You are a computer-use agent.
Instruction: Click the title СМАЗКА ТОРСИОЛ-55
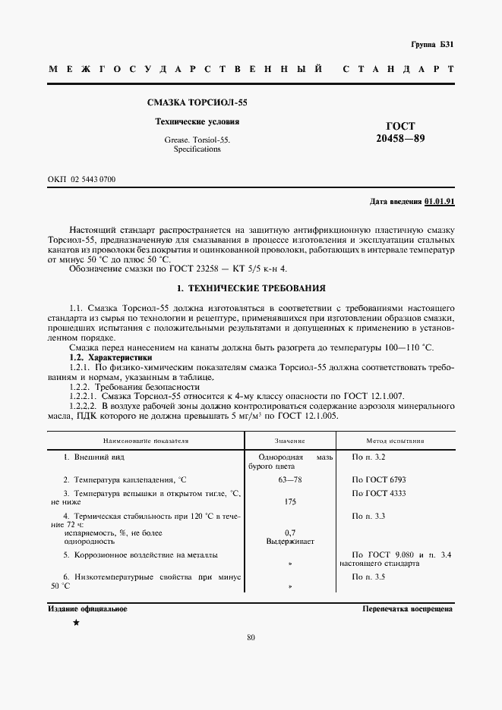click(197, 102)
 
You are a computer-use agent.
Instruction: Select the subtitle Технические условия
click(197, 121)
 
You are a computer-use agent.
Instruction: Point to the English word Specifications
click(197, 149)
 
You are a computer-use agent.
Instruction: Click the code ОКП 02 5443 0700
click(81, 179)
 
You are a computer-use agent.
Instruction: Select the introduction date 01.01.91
click(440, 202)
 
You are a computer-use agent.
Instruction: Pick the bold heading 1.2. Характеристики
click(111, 357)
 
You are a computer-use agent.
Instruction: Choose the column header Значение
click(289, 440)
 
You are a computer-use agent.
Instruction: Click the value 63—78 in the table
click(289, 479)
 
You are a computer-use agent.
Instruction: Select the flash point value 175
click(289, 501)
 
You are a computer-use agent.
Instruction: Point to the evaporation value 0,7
click(289, 533)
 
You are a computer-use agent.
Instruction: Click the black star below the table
click(76, 623)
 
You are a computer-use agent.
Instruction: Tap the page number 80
click(251, 637)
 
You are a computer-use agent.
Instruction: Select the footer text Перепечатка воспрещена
click(408, 609)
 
